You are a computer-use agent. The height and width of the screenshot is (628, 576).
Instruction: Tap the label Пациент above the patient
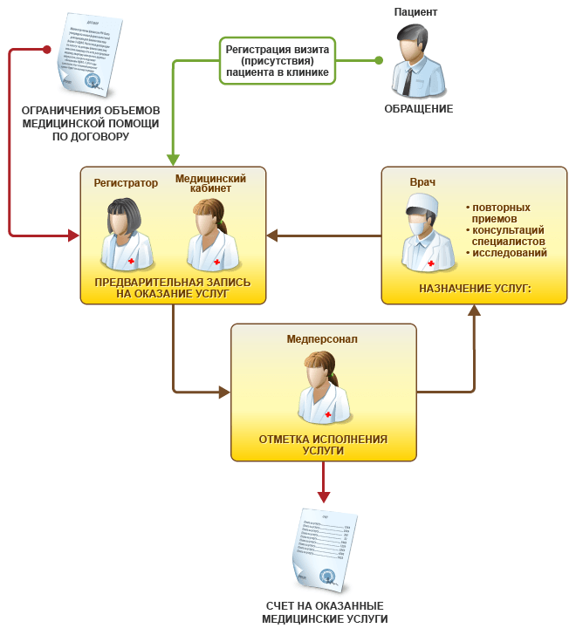tap(415, 11)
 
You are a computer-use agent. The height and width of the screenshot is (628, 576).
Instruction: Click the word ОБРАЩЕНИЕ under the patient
tap(419, 109)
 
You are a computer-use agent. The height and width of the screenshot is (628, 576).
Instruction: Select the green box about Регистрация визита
tap(277, 61)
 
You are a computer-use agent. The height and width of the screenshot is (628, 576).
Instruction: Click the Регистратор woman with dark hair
tap(127, 233)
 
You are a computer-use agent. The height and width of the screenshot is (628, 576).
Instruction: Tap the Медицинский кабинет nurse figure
tap(209, 233)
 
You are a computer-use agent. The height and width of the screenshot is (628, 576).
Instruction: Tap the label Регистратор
tap(126, 183)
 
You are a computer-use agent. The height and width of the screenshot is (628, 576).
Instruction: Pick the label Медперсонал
tap(322, 338)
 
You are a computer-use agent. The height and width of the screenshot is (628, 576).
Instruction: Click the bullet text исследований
tap(510, 253)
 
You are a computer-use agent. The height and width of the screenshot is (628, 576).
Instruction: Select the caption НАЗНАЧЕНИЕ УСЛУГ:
tap(475, 287)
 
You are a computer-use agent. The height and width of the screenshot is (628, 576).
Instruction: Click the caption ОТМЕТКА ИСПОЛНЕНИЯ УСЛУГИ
tap(323, 445)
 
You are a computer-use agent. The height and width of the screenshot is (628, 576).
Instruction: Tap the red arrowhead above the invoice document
tap(324, 496)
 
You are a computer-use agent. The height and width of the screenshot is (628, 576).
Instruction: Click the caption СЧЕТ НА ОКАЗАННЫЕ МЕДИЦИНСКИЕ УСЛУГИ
tap(325, 611)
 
